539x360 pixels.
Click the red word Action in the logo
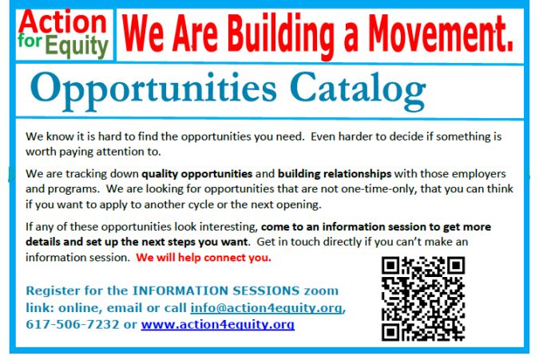[63, 22]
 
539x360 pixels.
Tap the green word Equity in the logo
[77, 47]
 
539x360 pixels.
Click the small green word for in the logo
[30, 41]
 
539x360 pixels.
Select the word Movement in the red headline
[441, 34]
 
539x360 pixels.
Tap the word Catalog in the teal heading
[358, 90]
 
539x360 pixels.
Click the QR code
[423, 299]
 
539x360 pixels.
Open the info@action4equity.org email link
[267, 308]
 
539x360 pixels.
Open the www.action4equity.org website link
[217, 325]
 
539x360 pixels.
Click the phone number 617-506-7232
[73, 324]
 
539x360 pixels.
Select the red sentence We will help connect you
[204, 258]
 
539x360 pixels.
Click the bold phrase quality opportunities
[197, 174]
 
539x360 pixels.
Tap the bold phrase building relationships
[335, 174]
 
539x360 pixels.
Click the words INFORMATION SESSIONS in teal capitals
[216, 291]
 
